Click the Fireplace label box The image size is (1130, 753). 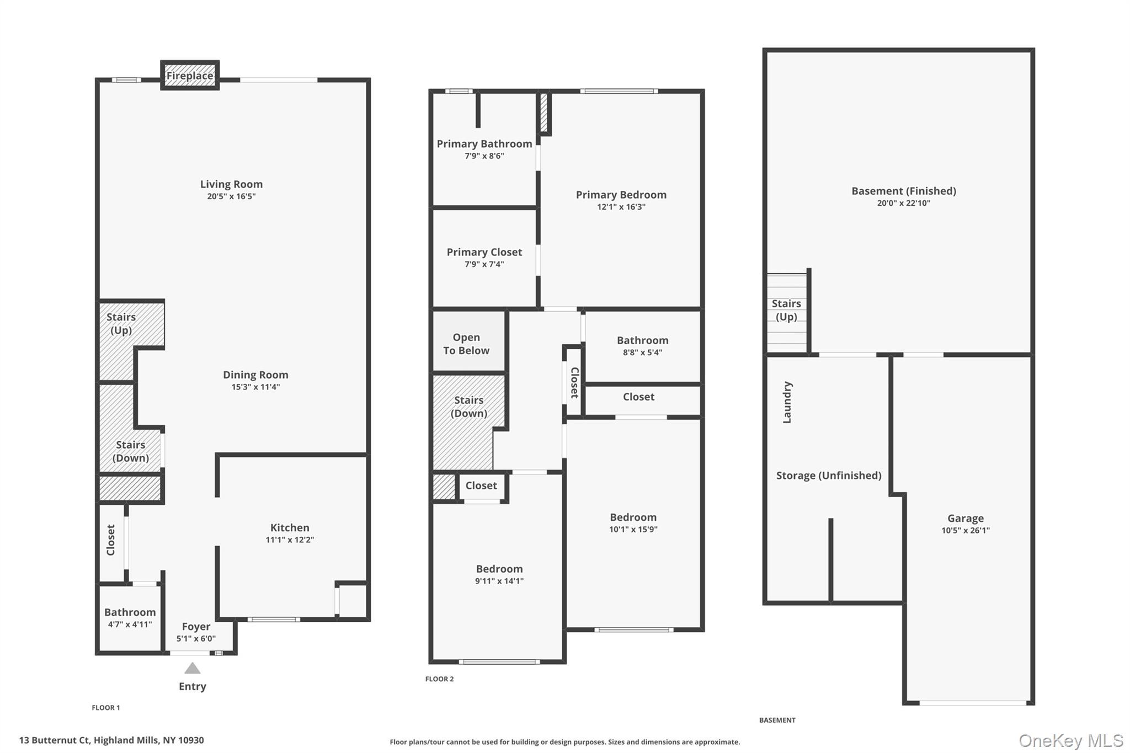point(190,76)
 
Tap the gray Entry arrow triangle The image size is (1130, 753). point(192,668)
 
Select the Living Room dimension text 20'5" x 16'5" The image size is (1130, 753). point(231,196)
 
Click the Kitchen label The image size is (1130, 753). point(290,527)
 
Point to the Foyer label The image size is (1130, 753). point(196,627)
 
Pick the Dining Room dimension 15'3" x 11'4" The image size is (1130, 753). point(255,387)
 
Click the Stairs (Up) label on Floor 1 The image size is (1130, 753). point(121,323)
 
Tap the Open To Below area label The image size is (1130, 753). point(466,344)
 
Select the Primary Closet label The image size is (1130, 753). point(484,252)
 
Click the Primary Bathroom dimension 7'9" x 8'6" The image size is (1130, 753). point(484,156)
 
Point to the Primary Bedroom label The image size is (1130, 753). point(621,195)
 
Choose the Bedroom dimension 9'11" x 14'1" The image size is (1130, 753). point(499,581)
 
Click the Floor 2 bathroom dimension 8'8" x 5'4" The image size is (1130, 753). point(642,353)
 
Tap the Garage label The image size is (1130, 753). point(966,518)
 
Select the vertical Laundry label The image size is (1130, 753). point(787,402)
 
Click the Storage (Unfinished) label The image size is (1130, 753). point(829,476)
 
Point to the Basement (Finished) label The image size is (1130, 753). point(904,191)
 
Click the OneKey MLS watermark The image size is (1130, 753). point(1071,740)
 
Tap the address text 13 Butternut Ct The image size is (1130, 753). point(55,740)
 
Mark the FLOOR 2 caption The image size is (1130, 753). point(439,679)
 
